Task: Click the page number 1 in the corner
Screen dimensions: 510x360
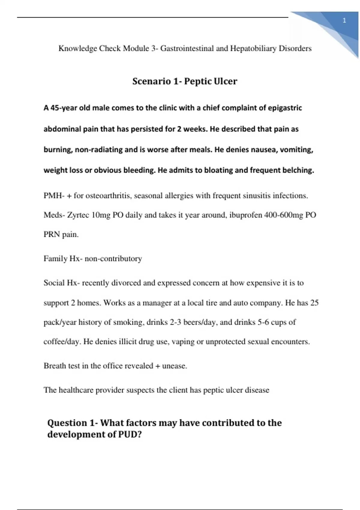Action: [x=344, y=20]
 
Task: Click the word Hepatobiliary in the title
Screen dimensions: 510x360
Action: [x=253, y=48]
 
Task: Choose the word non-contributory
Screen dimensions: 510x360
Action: [x=113, y=259]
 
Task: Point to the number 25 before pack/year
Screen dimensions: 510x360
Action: [x=314, y=303]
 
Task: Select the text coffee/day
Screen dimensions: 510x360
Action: [x=61, y=342]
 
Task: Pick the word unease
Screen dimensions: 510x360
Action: [x=174, y=366]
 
